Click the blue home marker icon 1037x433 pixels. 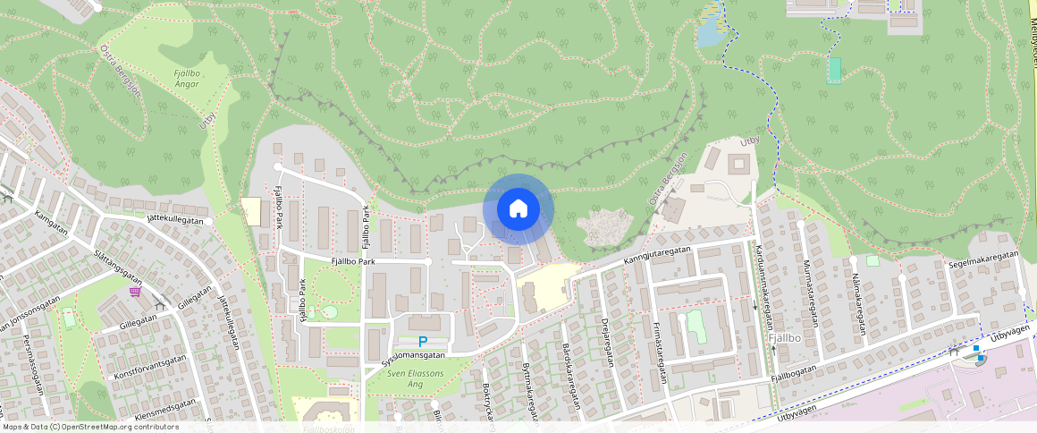pyautogui.click(x=518, y=209)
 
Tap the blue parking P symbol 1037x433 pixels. pyautogui.click(x=423, y=341)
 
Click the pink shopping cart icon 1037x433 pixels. pyautogui.click(x=135, y=291)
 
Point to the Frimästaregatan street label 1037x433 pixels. pyautogui.click(x=661, y=352)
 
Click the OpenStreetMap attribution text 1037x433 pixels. pyautogui.click(x=89, y=427)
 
